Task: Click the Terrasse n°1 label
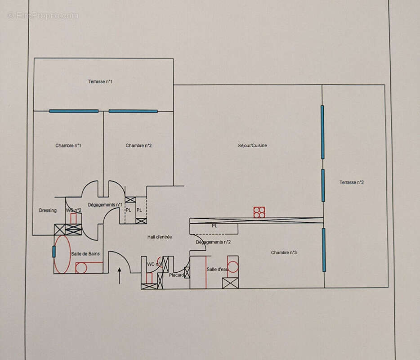click(100, 81)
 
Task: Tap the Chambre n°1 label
click(68, 145)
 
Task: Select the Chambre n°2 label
click(139, 145)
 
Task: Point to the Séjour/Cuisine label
click(253, 145)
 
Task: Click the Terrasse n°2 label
click(352, 182)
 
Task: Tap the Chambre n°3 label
click(284, 252)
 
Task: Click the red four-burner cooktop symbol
click(259, 212)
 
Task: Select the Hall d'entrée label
click(160, 237)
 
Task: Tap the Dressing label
click(48, 210)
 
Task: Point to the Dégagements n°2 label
click(213, 242)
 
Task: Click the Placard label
click(176, 275)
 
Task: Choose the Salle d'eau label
click(218, 269)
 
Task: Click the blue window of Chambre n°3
click(324, 250)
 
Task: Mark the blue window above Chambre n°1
click(74, 111)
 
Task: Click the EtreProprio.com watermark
click(43, 15)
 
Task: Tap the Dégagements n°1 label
click(105, 205)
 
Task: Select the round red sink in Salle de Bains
click(81, 268)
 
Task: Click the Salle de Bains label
click(85, 254)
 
